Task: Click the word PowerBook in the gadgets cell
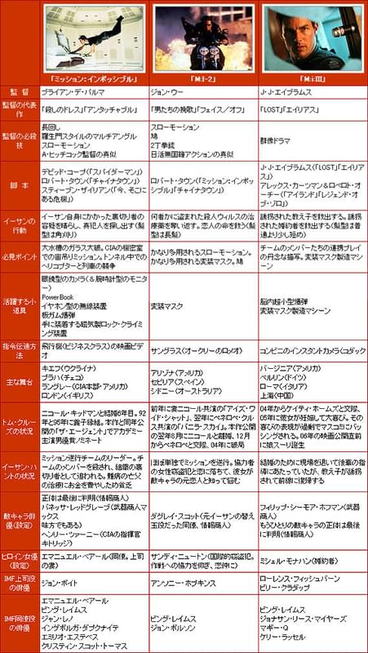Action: tap(57, 298)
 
